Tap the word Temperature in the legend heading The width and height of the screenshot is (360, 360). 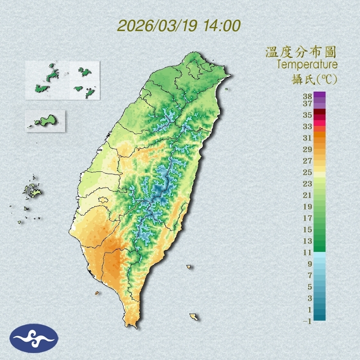pyautogui.click(x=307, y=65)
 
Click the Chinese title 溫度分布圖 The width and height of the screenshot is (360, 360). pyautogui.click(x=301, y=52)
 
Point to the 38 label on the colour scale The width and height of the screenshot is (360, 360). pyautogui.click(x=307, y=97)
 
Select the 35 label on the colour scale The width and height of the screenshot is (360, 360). pyautogui.click(x=307, y=115)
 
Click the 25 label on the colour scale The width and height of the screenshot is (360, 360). pyautogui.click(x=307, y=172)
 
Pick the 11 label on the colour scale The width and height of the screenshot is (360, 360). pyautogui.click(x=307, y=252)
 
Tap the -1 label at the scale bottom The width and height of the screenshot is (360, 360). pyautogui.click(x=307, y=321)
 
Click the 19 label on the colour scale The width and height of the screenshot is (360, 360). pyautogui.click(x=307, y=207)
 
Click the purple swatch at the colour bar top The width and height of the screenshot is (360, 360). pyautogui.click(x=320, y=95)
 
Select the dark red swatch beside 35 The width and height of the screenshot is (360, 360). pyautogui.click(x=320, y=112)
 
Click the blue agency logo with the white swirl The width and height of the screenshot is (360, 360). pyautogui.click(x=34, y=338)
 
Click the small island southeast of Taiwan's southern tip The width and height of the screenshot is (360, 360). pyautogui.click(x=193, y=317)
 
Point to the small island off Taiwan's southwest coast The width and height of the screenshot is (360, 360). pyautogui.click(x=97, y=293)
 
